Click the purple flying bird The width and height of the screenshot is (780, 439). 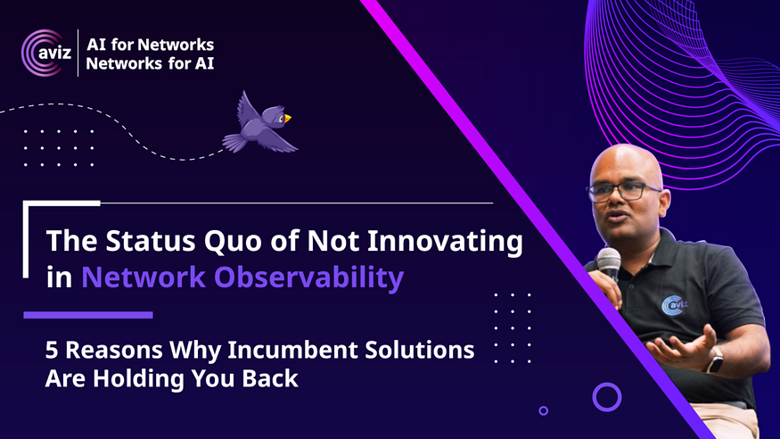[x=259, y=124]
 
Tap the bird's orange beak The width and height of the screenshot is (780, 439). [x=288, y=118]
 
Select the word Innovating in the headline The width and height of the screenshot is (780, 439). [x=445, y=241]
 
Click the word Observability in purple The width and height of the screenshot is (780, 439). [x=309, y=277]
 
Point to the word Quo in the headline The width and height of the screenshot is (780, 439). [x=233, y=242]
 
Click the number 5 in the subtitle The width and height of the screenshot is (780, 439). [x=51, y=350]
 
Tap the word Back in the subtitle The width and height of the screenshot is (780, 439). [x=270, y=378]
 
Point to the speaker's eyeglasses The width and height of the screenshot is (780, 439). [x=623, y=191]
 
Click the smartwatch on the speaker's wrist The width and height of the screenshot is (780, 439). [x=715, y=360]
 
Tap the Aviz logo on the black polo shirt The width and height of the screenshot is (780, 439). [x=674, y=304]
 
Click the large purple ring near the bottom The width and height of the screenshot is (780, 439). [x=607, y=384]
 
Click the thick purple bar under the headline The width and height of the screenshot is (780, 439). [x=88, y=315]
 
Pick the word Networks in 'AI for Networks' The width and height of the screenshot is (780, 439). [x=176, y=45]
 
